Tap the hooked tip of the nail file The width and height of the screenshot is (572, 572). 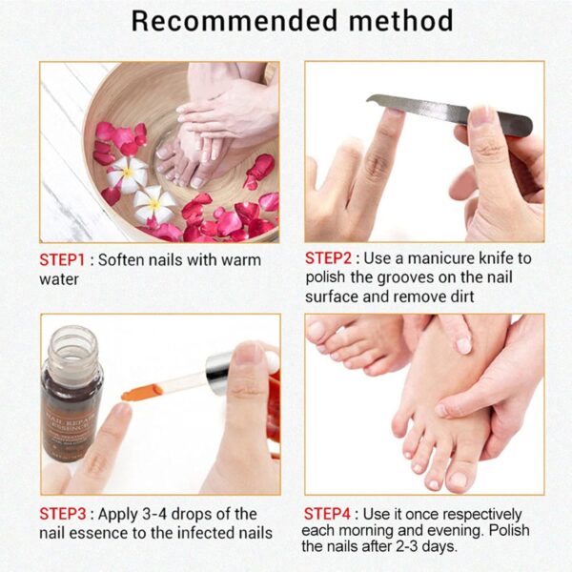click(375, 99)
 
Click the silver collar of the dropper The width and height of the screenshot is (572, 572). click(217, 366)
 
